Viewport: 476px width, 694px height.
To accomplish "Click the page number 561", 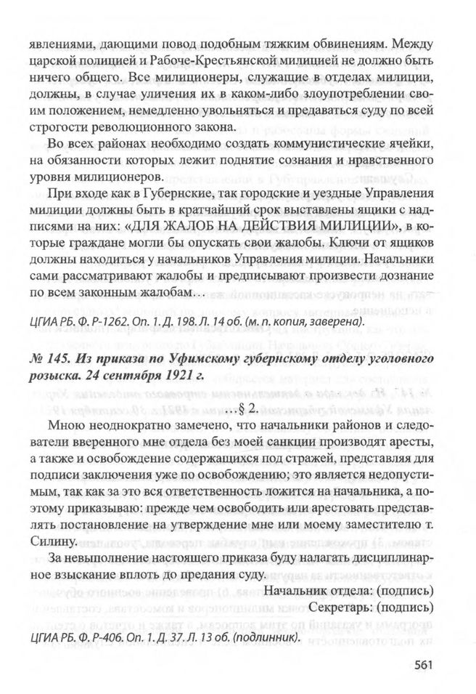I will [424, 663].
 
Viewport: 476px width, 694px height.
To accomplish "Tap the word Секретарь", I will [340, 605].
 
